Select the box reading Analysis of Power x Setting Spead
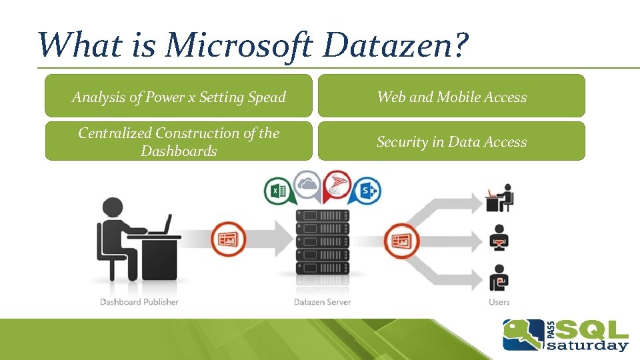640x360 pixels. click(x=179, y=97)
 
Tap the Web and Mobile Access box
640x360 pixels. click(x=451, y=97)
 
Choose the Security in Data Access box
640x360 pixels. click(x=451, y=141)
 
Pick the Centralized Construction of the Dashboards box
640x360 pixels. click(x=179, y=141)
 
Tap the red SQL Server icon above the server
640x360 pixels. click(x=336, y=187)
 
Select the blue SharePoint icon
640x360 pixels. click(x=366, y=191)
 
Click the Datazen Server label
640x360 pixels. click(x=322, y=302)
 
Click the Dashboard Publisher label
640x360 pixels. click(x=139, y=302)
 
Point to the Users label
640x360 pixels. click(x=499, y=302)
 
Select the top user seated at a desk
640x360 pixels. click(x=500, y=198)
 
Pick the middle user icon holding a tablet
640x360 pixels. click(x=499, y=238)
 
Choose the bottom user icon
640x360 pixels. click(x=499, y=278)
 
